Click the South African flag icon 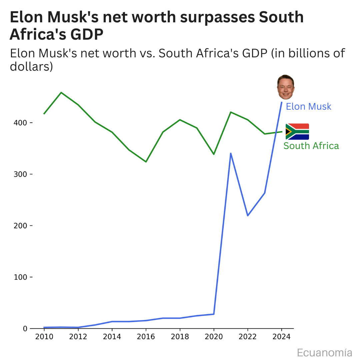point(297,132)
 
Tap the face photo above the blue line point(286,87)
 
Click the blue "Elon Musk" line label point(309,107)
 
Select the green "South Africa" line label point(311,146)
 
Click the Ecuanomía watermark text point(324,353)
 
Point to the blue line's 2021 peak point(231,153)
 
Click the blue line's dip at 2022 point(248,216)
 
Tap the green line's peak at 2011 point(61,92)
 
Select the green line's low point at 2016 point(146,162)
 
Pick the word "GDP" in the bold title point(87,34)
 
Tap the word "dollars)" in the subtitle point(31,67)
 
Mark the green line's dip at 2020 point(214,154)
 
